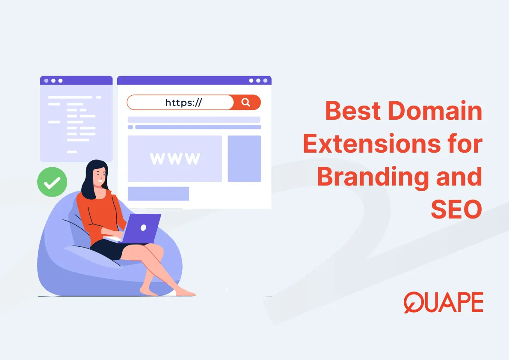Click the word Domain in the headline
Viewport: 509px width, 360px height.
pyautogui.click(x=435, y=111)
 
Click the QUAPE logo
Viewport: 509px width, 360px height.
pyautogui.click(x=443, y=303)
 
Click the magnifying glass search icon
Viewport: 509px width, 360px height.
pyautogui.click(x=246, y=102)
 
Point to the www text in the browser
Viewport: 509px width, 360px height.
pyautogui.click(x=175, y=159)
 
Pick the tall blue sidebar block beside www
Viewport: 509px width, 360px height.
pyautogui.click(x=244, y=159)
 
